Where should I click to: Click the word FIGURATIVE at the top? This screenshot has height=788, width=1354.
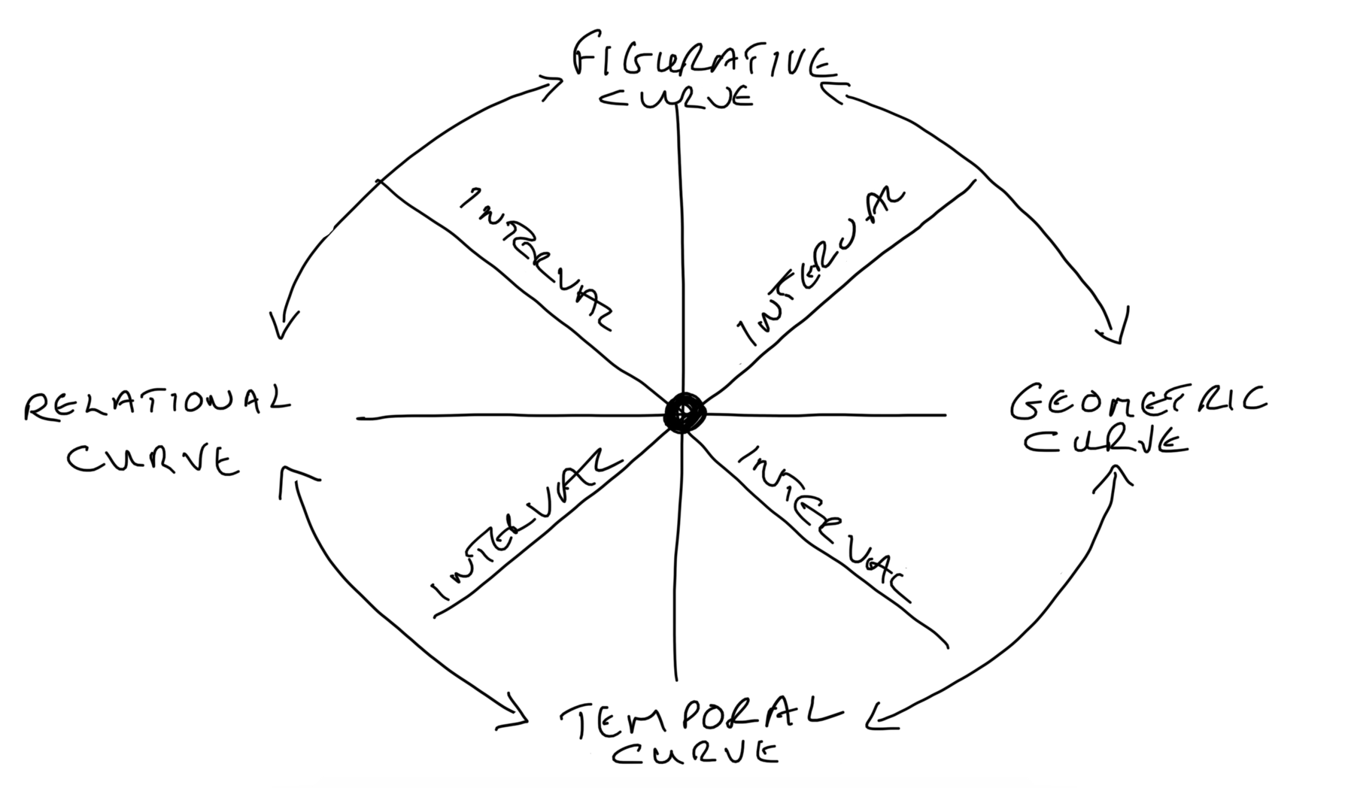703,60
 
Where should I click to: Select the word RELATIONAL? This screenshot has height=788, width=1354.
156,405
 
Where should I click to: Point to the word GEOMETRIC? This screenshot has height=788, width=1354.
1137,402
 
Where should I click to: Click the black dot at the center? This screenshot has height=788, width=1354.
685,412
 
